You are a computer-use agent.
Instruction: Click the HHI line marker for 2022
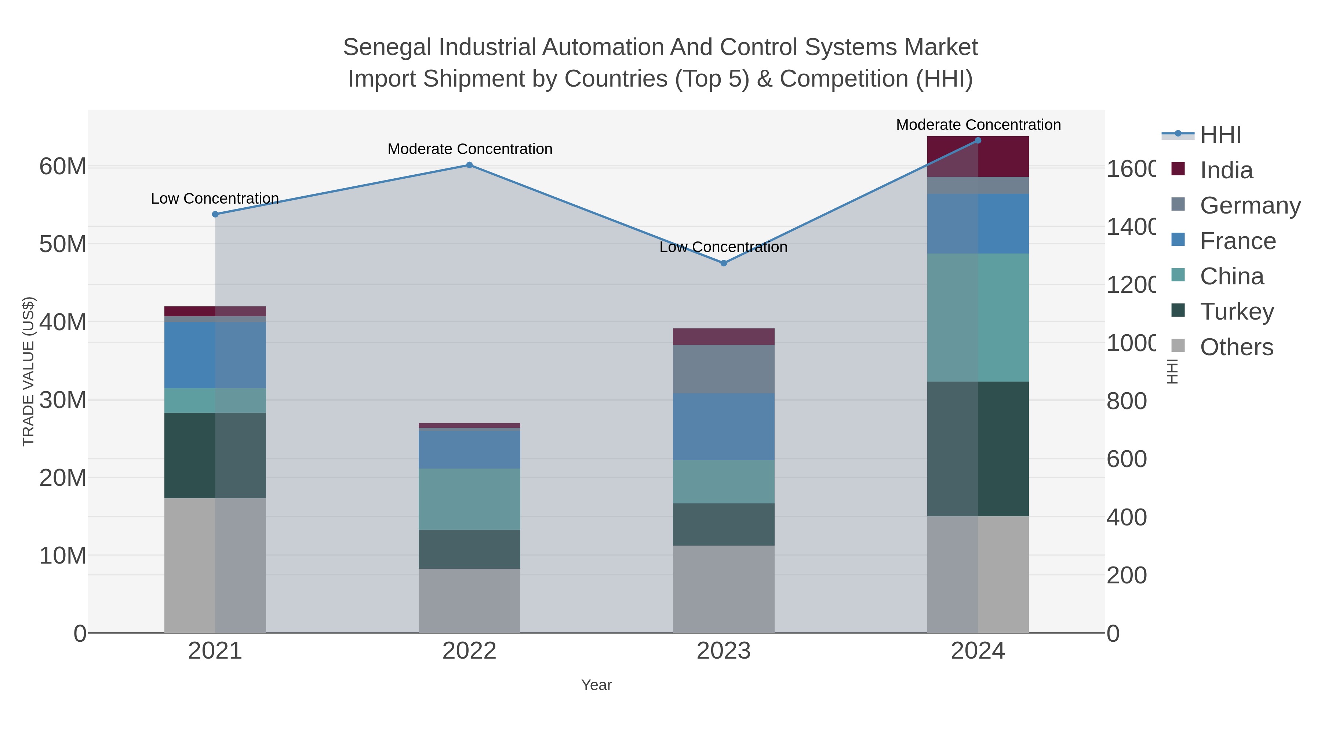pyautogui.click(x=469, y=165)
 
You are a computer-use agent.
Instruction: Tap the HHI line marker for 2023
pyautogui.click(x=724, y=263)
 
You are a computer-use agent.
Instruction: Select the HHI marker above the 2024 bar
pyautogui.click(x=978, y=141)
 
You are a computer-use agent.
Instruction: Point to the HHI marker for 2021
pyautogui.click(x=215, y=214)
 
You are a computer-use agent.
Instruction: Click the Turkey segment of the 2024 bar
pyautogui.click(x=978, y=449)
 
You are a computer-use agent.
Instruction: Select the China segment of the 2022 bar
pyautogui.click(x=469, y=499)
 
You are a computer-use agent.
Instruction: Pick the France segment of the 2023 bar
pyautogui.click(x=724, y=427)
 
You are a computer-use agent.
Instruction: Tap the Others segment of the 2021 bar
pyautogui.click(x=215, y=565)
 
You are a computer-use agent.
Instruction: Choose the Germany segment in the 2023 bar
pyautogui.click(x=724, y=369)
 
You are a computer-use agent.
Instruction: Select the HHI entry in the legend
pyautogui.click(x=1220, y=135)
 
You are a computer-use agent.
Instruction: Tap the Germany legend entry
pyautogui.click(x=1250, y=205)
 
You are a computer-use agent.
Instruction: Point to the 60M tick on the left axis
pyautogui.click(x=62, y=167)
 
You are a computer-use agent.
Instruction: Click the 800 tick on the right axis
pyautogui.click(x=1126, y=401)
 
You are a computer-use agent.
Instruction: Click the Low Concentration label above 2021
pyautogui.click(x=215, y=199)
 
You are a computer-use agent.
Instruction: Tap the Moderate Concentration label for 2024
pyautogui.click(x=978, y=125)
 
